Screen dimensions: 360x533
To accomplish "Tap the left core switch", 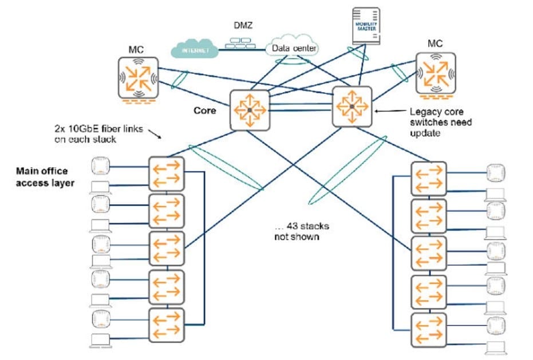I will coord(249,109).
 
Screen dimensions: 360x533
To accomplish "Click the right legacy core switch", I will coord(352,106).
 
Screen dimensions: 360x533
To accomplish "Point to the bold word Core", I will coord(204,110).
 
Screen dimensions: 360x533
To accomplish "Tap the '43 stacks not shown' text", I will coord(302,231).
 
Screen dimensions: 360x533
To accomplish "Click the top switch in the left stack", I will coord(166,174).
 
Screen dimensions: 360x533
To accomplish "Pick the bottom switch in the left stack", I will coord(166,325).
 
